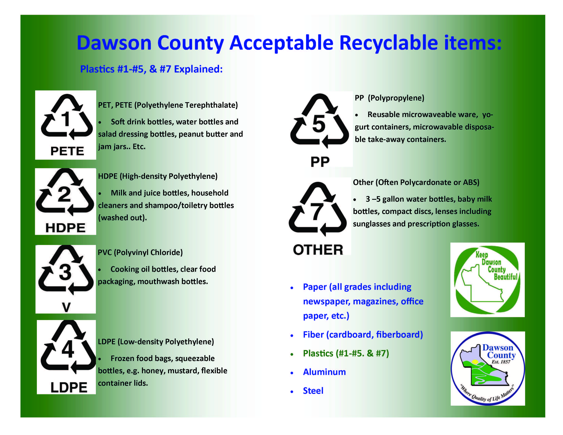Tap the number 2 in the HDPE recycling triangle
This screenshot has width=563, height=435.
click(64, 195)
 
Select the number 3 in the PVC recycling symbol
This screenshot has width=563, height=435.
click(65, 272)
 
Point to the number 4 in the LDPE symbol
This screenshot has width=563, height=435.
click(68, 349)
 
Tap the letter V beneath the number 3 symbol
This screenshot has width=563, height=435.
click(66, 307)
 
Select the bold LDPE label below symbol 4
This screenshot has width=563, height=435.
click(69, 387)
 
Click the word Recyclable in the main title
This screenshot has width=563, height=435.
click(388, 43)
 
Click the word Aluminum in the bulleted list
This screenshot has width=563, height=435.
click(324, 372)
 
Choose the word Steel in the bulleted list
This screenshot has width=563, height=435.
click(313, 391)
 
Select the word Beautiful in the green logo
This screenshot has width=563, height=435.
click(505, 277)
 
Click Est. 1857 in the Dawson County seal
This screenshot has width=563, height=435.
click(501, 362)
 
